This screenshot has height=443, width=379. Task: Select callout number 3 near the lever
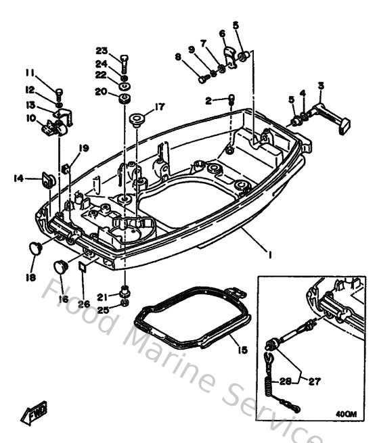coord(320,85)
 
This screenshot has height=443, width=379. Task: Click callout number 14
coord(18,178)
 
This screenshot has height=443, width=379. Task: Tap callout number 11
coord(30,73)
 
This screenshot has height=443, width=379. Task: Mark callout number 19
coord(84,148)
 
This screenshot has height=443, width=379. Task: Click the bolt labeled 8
coord(202,79)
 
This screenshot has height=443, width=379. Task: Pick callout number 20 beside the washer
coord(102,91)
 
